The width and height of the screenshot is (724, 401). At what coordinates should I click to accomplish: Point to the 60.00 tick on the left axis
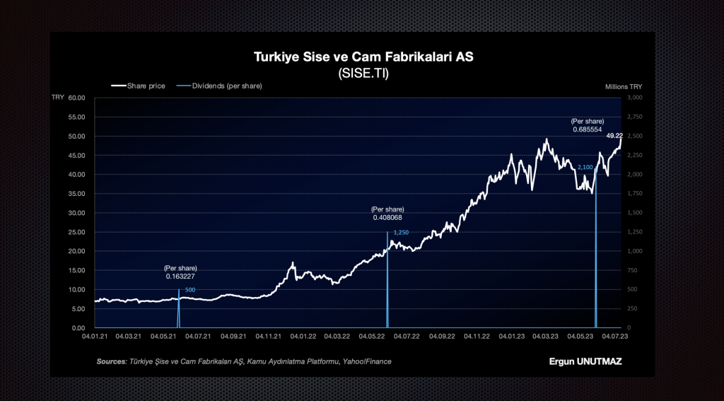coord(76,98)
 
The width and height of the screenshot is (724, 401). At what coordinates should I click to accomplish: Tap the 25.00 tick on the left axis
coord(76,232)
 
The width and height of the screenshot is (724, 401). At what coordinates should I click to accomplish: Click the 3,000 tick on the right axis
coord(634,98)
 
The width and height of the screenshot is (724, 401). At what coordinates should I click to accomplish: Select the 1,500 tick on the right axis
coord(634,213)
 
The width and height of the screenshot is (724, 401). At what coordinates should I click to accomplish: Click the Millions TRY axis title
coord(624,86)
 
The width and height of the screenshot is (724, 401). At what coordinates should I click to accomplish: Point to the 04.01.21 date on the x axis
coord(94,337)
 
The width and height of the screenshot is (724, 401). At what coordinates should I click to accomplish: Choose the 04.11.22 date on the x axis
coord(476,337)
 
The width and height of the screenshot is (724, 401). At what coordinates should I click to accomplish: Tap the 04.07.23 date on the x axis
coord(614,337)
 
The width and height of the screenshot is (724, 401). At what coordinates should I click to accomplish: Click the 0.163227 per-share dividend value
coord(180,277)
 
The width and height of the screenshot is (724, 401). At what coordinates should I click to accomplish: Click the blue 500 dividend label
coord(190,290)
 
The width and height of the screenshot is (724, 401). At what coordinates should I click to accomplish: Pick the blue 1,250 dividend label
coord(401,233)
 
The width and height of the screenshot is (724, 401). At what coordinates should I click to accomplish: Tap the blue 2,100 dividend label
coord(585,167)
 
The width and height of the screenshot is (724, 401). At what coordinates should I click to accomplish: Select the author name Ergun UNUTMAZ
coord(585,361)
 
